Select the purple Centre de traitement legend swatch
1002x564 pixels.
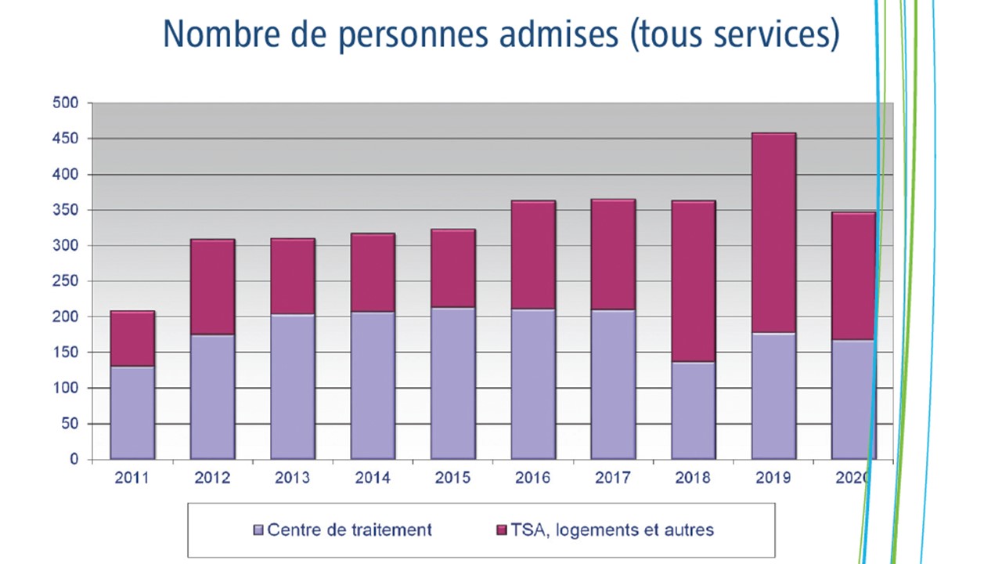258,530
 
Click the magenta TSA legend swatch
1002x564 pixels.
502,530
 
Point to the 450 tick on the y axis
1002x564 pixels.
66,139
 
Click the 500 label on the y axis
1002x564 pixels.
66,103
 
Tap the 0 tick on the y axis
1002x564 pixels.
74,460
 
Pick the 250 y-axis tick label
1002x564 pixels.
66,281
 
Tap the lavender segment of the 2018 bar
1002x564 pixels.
693,410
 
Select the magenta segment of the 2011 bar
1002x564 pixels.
132,338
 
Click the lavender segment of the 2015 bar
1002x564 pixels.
452,383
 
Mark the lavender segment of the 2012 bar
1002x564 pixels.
212,396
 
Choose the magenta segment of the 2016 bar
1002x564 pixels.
533,255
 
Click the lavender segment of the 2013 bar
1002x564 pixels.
293,387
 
